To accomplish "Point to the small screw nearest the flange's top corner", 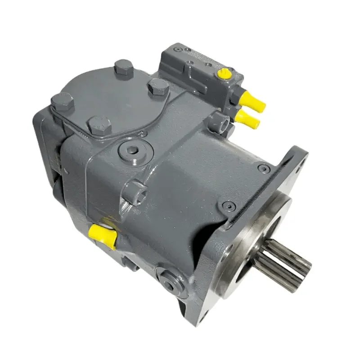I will click(262, 168).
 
